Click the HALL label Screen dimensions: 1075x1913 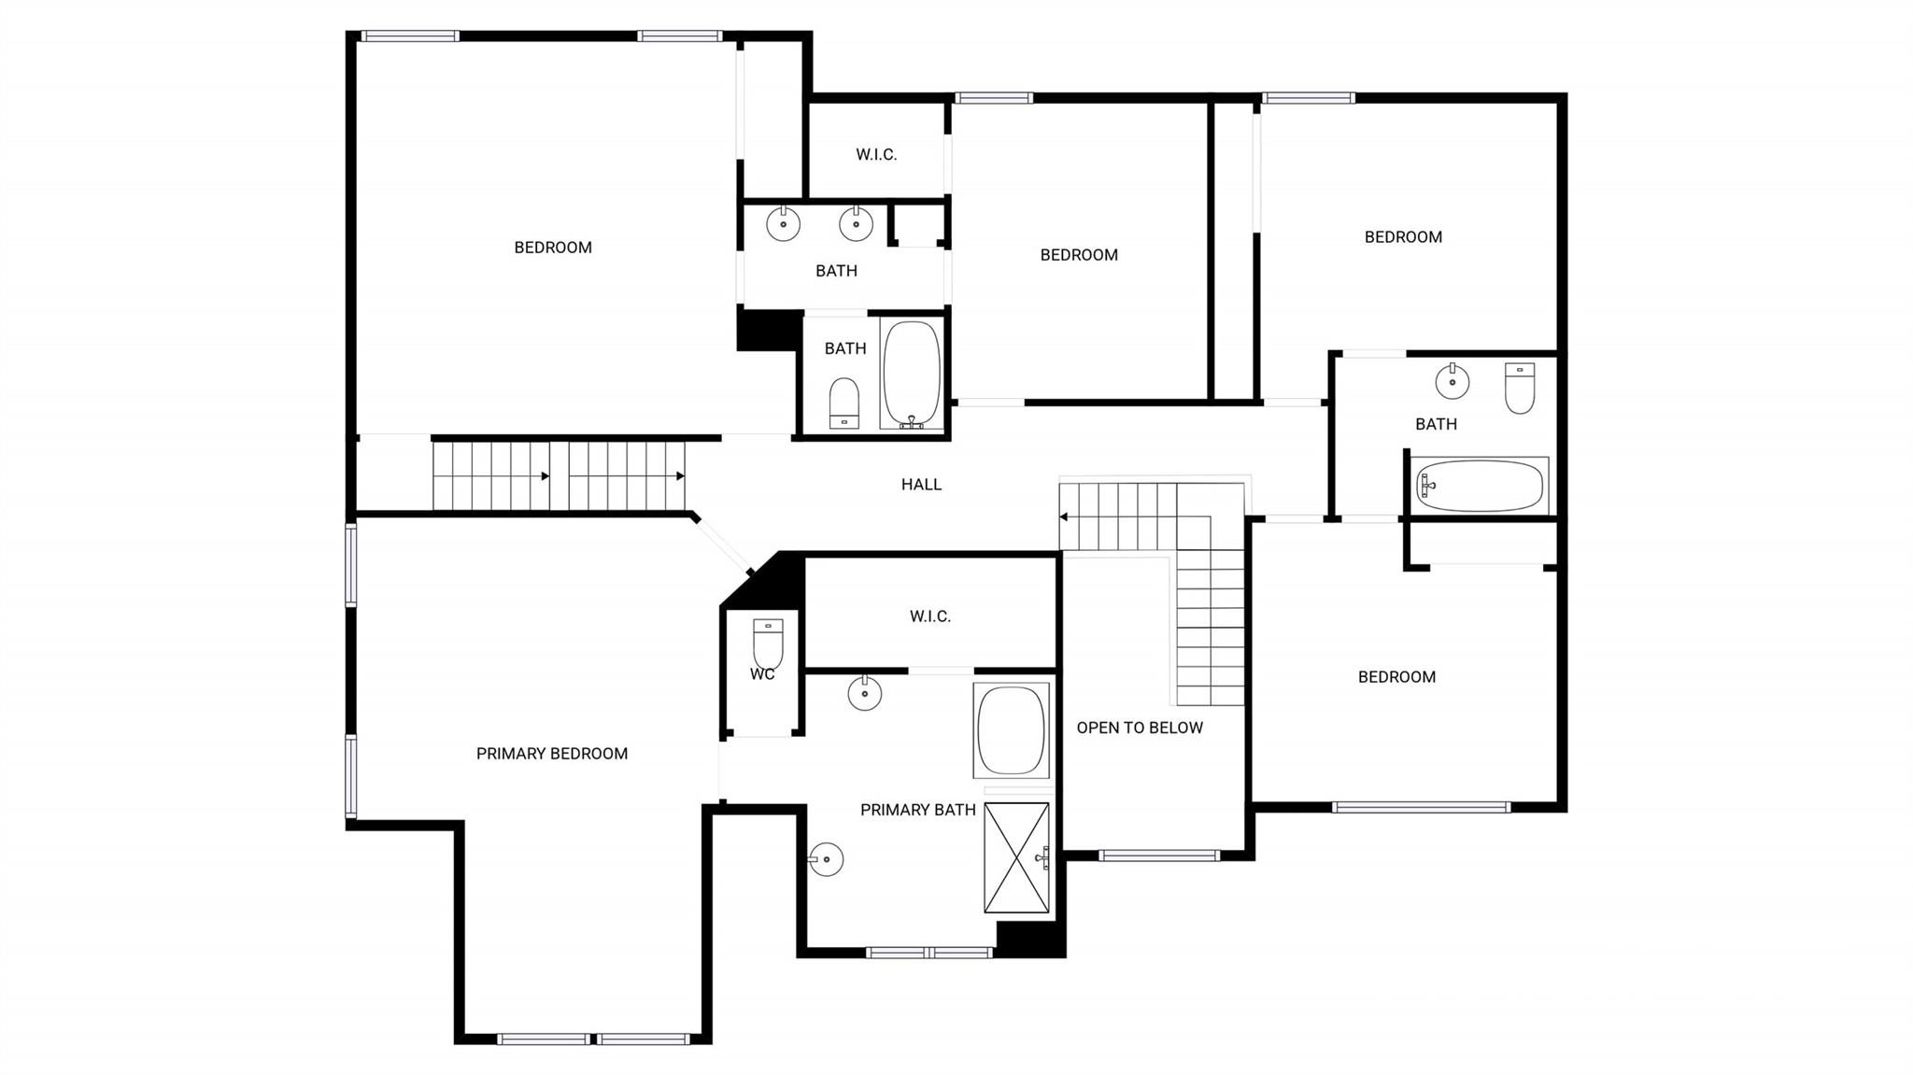pyautogui.click(x=921, y=484)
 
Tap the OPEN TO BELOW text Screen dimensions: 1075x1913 pyautogui.click(x=1139, y=728)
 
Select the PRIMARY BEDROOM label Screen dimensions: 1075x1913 pyautogui.click(x=551, y=754)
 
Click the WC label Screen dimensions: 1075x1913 pyautogui.click(x=762, y=673)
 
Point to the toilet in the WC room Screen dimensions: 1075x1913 pyautogui.click(x=768, y=644)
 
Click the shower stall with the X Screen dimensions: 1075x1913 pyautogui.click(x=1016, y=857)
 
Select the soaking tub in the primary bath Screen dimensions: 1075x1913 pyautogui.click(x=1011, y=731)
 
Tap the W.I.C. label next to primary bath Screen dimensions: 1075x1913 pyautogui.click(x=929, y=616)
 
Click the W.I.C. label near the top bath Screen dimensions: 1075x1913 pyautogui.click(x=875, y=155)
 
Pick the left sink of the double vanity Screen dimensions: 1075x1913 pyautogui.click(x=783, y=224)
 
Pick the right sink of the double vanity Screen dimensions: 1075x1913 pyautogui.click(x=856, y=224)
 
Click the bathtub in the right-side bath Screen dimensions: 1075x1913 pyautogui.click(x=1480, y=486)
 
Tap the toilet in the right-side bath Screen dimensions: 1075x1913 pyautogui.click(x=1520, y=389)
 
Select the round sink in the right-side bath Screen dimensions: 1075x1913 pyautogui.click(x=1452, y=381)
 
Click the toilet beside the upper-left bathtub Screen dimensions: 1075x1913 pyautogui.click(x=843, y=403)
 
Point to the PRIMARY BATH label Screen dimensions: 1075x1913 pyautogui.click(x=917, y=810)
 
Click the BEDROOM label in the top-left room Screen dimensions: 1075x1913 pyautogui.click(x=552, y=248)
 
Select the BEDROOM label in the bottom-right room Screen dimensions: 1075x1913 pyautogui.click(x=1396, y=677)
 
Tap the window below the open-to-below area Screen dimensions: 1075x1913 pyautogui.click(x=1158, y=855)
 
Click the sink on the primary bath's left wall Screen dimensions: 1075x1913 pyautogui.click(x=827, y=859)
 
